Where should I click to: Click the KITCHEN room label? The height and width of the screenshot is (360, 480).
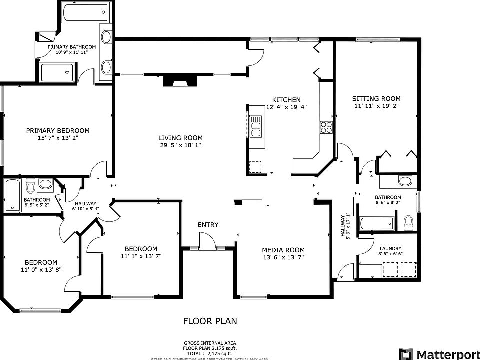(286, 100)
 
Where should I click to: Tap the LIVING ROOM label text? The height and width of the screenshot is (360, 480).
(180, 138)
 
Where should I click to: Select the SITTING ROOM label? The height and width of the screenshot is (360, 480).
(376, 99)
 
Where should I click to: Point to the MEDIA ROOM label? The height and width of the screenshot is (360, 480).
(283, 250)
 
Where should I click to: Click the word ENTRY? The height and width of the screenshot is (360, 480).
(208, 225)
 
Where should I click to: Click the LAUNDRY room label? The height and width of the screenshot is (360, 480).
(390, 249)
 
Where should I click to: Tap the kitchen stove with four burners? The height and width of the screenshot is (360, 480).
(326, 127)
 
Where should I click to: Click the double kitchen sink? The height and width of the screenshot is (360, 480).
(256, 126)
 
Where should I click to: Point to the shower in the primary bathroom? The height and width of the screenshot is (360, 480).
(57, 73)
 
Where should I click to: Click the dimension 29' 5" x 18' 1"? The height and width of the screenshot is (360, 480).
(180, 145)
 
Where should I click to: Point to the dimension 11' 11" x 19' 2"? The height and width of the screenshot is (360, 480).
(376, 106)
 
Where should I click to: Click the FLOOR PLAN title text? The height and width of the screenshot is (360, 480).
(210, 321)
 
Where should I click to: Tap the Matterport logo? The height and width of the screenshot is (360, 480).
(439, 353)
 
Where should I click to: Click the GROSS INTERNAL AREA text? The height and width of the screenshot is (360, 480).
(210, 343)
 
